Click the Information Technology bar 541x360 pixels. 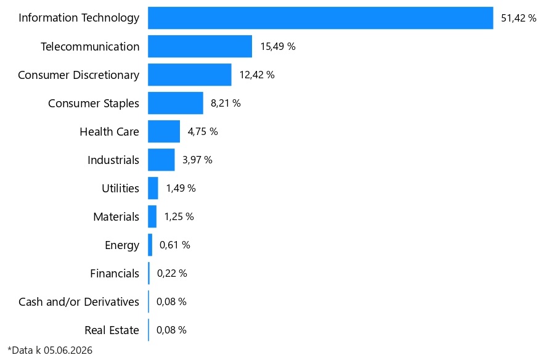pos(320,18)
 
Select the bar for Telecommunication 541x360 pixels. pos(200,46)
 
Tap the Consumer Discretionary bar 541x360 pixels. pos(190,75)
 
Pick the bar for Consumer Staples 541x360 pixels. pos(176,103)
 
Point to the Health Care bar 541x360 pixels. pos(164,131)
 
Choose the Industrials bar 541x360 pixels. pos(161,160)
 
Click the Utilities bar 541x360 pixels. pos(153,188)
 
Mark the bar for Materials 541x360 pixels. pos(152,216)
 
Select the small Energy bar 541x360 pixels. pos(150,245)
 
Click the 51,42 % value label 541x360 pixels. pos(519,18)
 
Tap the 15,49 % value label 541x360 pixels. pos(278,46)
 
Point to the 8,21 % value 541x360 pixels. pos(226,103)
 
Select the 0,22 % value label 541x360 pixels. pos(172,273)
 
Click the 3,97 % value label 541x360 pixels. pos(197,160)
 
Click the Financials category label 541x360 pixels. pos(115,273)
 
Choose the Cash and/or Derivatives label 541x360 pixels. pos(79,301)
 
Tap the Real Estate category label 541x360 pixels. pos(112,330)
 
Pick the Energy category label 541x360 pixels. pos(122,245)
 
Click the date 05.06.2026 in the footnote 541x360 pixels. pos(68,350)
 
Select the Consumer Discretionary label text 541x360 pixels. pos(79,75)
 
